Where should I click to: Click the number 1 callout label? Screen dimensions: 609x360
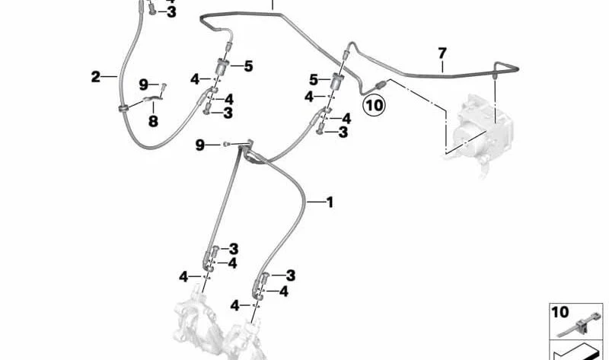click(x=330, y=202)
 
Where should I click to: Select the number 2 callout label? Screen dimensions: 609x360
click(x=96, y=77)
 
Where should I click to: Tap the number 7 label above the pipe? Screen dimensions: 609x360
click(x=442, y=53)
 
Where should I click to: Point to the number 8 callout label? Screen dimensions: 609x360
click(x=154, y=121)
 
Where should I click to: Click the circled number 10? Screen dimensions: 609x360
click(x=375, y=105)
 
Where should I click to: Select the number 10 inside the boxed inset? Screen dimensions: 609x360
click(x=560, y=312)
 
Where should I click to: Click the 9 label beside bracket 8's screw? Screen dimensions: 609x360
click(x=144, y=84)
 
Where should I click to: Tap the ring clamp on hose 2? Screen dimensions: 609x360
click(x=124, y=107)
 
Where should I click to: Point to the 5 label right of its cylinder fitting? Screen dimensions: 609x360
click(x=249, y=66)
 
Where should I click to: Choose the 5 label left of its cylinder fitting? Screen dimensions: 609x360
click(x=314, y=80)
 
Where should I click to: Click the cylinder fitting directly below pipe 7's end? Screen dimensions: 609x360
click(x=336, y=81)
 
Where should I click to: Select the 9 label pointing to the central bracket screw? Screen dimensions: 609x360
click(x=199, y=145)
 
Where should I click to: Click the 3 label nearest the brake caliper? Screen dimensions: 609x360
click(x=291, y=276)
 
